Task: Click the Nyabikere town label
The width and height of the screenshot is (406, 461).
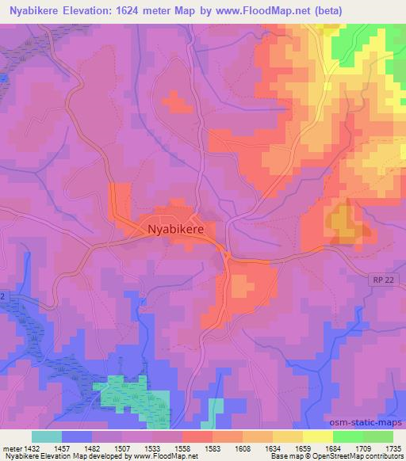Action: point(175,228)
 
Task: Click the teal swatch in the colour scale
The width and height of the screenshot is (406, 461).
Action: point(47,436)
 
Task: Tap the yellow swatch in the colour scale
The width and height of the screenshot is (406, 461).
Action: point(317,436)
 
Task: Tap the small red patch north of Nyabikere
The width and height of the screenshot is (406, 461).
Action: point(174,102)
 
